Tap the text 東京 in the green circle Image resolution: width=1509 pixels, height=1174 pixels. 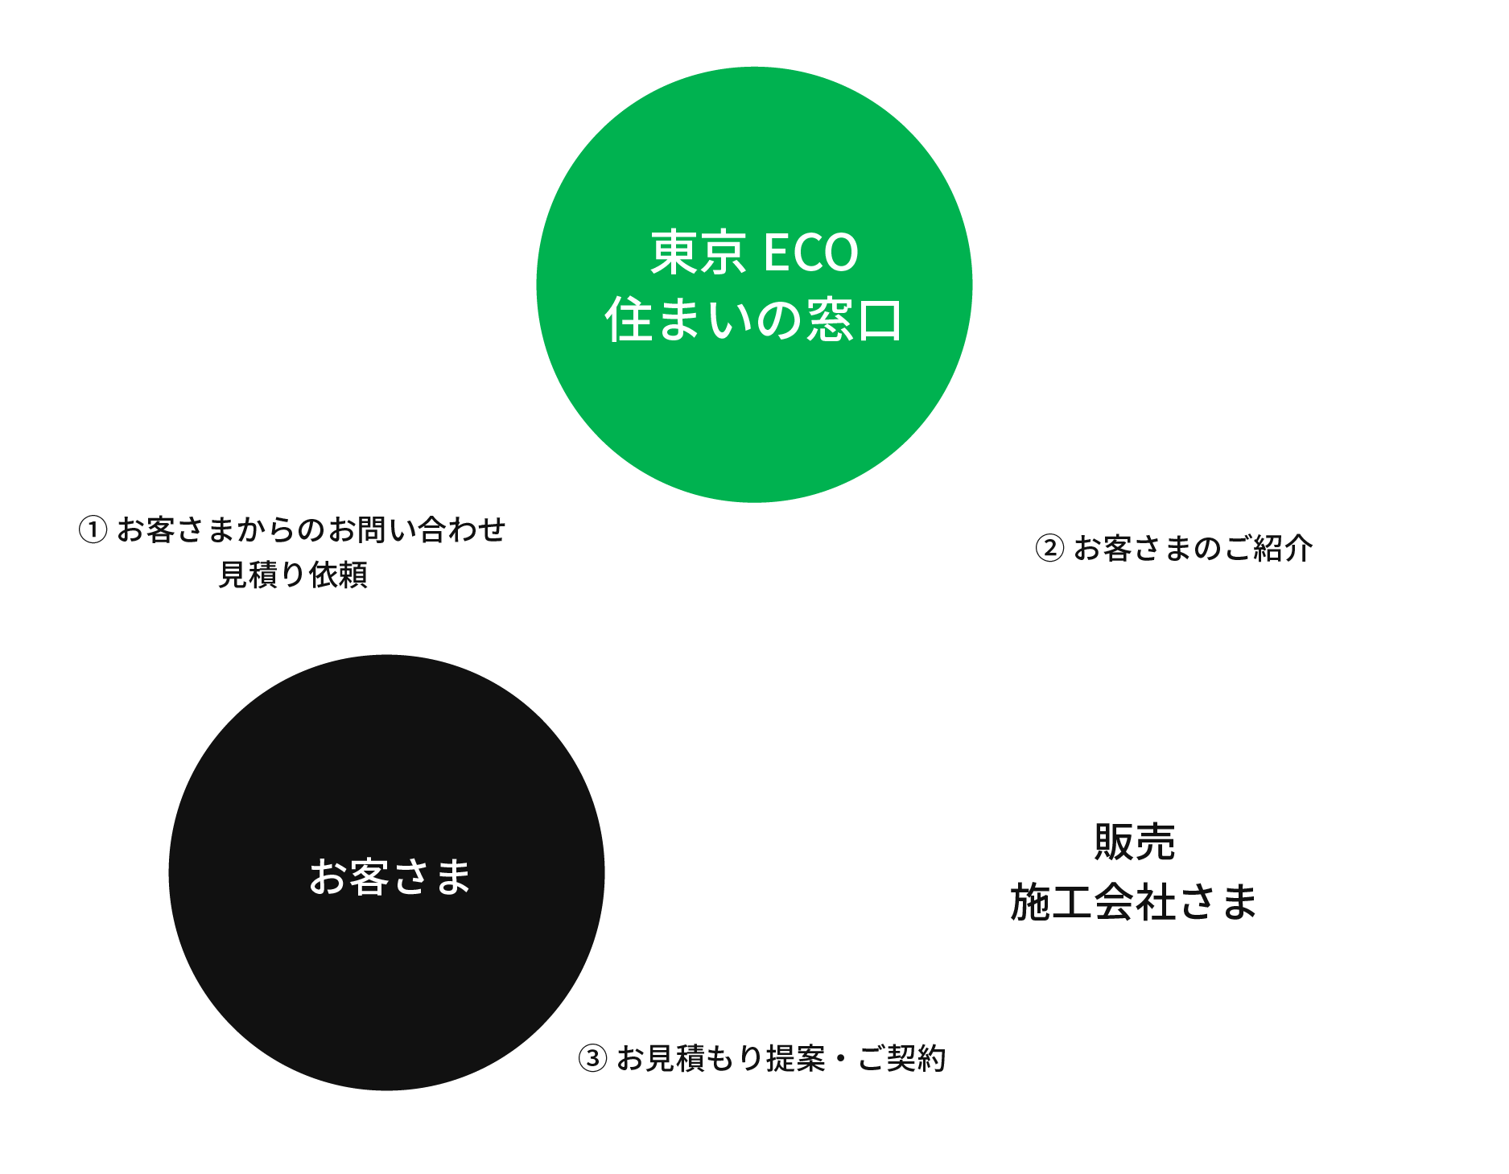point(698,253)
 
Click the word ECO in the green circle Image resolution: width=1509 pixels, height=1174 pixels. point(810,253)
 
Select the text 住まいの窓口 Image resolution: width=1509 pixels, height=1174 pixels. point(754,320)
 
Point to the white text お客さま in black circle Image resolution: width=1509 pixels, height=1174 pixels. point(390,876)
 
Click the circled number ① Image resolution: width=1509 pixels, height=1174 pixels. point(93,530)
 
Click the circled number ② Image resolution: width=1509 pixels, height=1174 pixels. point(1049,549)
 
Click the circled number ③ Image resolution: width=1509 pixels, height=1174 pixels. point(592,1059)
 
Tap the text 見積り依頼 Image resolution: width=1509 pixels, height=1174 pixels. point(293,575)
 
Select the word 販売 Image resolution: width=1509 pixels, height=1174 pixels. point(1135,842)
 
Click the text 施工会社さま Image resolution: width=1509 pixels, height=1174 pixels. point(1133,902)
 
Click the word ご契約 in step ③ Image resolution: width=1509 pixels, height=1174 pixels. point(901,1059)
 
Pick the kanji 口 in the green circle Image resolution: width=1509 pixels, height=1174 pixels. point(880,320)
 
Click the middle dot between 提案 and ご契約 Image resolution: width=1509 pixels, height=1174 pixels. point(841,1059)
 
